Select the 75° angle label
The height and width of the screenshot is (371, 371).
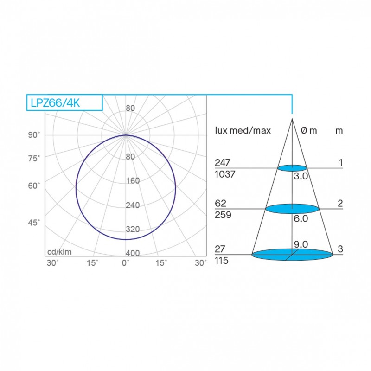[x=34, y=158]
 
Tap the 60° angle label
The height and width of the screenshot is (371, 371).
[x=34, y=185]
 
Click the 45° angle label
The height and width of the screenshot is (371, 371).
[x=34, y=223]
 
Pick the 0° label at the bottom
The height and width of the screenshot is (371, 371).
[x=126, y=263]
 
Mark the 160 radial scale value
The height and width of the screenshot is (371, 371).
[x=133, y=181]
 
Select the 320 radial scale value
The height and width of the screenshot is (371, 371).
[x=133, y=229]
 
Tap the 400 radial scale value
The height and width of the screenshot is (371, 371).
[x=133, y=253]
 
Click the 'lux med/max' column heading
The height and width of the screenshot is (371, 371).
[x=243, y=130]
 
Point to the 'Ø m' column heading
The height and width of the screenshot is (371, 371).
[x=309, y=130]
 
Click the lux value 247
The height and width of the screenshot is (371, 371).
[x=222, y=163]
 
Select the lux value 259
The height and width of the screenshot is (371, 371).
[x=222, y=215]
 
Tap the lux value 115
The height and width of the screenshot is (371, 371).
[x=222, y=261]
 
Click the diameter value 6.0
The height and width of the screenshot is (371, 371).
[x=301, y=219]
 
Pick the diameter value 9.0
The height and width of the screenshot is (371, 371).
[x=301, y=244]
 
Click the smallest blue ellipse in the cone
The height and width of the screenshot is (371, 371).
[x=292, y=167]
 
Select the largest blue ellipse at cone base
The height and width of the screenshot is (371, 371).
[x=292, y=254]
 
